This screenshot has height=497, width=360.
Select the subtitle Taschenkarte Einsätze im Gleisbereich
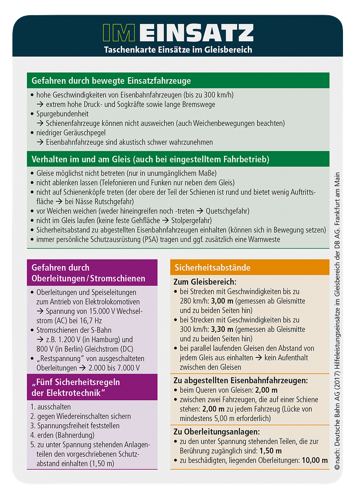click(x=178, y=50)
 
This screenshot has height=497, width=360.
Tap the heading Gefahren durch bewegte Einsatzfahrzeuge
click(x=111, y=81)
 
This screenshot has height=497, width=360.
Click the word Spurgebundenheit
click(x=63, y=114)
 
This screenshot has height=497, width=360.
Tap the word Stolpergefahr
click(x=187, y=220)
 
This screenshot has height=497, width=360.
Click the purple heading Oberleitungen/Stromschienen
click(x=88, y=278)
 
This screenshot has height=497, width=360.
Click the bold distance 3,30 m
click(x=222, y=329)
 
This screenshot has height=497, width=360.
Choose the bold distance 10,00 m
click(x=315, y=460)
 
